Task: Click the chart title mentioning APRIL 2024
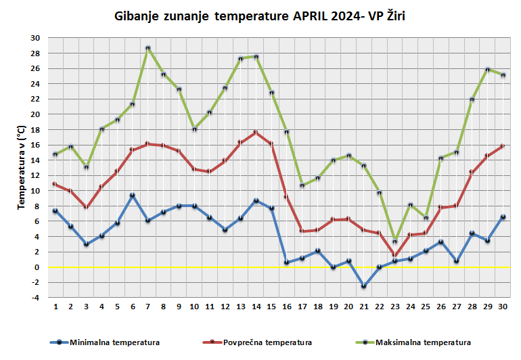(260, 16)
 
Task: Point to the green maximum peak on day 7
(148, 48)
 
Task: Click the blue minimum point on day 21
(364, 286)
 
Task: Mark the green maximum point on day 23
(395, 242)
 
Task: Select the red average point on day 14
(256, 133)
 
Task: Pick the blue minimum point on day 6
(133, 195)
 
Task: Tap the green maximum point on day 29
(488, 70)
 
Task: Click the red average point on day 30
(503, 146)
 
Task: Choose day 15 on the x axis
(271, 307)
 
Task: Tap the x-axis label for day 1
(55, 307)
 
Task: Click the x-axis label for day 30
(503, 307)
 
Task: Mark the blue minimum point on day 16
(287, 263)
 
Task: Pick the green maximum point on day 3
(87, 167)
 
